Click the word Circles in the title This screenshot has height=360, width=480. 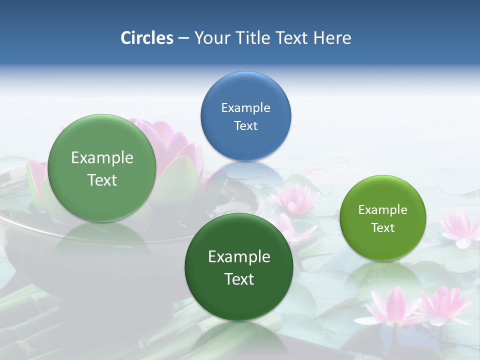coord(147,38)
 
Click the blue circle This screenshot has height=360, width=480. coord(245,116)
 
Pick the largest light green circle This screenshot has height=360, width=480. coord(102,168)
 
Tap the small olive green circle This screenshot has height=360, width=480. coord(382,218)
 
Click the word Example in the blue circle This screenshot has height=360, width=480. coord(245,107)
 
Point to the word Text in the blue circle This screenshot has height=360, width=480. coord(245,125)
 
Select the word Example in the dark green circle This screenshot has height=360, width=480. coord(239,256)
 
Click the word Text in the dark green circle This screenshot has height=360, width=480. coord(239,279)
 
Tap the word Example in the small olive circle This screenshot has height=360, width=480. coord(382,209)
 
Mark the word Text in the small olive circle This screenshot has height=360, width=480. coord(382,227)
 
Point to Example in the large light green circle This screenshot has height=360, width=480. coord(102,157)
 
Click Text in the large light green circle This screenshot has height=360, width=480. coord(102,180)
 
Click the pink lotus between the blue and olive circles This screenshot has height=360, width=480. coord(294,198)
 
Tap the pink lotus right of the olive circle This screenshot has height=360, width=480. coord(459,228)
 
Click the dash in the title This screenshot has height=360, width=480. coord(183,38)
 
